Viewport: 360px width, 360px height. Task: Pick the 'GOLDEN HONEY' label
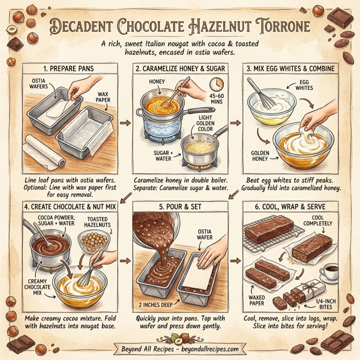[x=256, y=155]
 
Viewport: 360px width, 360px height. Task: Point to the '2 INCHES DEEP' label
[x=148, y=304]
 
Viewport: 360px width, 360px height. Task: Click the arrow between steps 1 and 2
[x=124, y=123]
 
